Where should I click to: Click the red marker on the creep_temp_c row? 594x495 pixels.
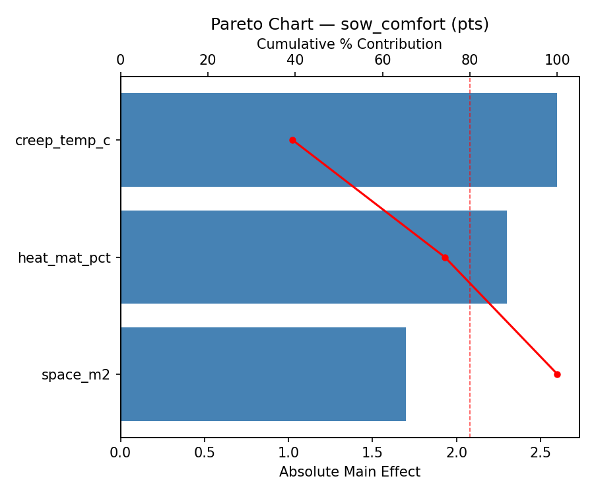(292, 140)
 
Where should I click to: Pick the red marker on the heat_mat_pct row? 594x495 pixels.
(445, 257)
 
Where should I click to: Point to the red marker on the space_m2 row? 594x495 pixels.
(557, 374)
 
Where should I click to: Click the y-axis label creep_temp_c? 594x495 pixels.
(63, 141)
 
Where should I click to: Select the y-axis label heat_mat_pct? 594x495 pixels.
(64, 258)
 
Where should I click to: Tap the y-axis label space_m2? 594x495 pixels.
(76, 375)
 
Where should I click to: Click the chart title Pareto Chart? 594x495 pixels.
(349, 24)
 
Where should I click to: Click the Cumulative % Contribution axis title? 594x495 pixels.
(349, 44)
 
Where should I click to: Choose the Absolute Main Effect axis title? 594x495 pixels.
(349, 472)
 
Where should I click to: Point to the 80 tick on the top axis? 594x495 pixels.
(470, 61)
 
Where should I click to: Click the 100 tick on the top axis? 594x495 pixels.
(557, 61)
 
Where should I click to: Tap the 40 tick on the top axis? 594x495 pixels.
(295, 61)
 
